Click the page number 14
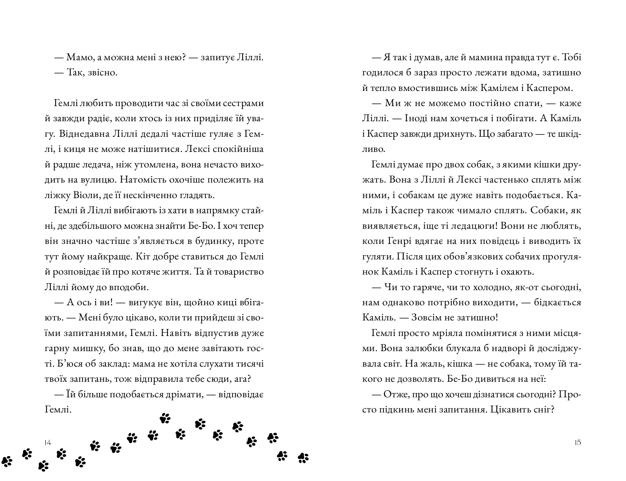47,442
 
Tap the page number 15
578,442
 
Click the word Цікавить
508,409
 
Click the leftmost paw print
7,461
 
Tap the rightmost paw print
303,458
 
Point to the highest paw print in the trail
165,418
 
